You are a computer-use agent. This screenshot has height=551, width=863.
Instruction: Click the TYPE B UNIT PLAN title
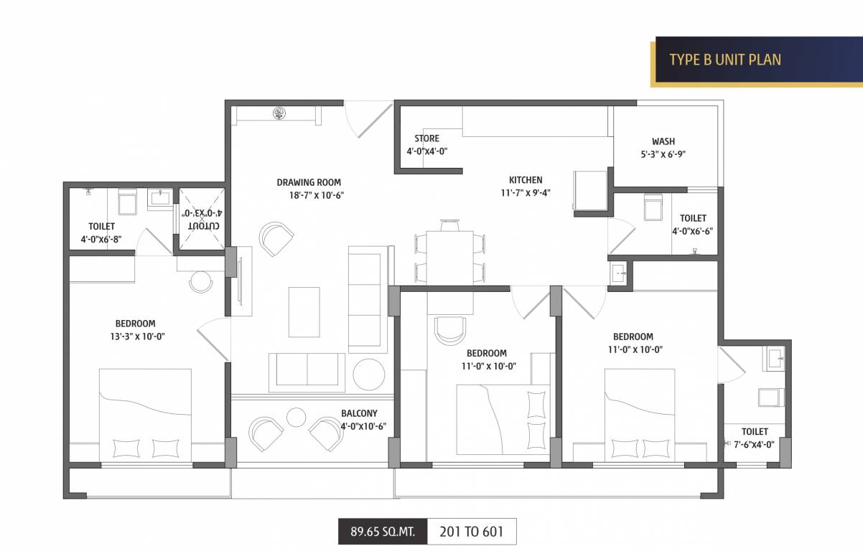(724, 59)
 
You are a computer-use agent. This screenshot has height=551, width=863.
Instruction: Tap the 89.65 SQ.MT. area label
(382, 532)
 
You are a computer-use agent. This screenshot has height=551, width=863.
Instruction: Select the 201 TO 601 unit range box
(471, 532)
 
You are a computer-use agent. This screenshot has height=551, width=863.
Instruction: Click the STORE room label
(426, 138)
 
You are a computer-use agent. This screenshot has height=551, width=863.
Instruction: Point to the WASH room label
(663, 141)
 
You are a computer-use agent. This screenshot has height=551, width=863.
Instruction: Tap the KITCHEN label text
(526, 180)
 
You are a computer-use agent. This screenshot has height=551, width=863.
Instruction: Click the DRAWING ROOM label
(309, 182)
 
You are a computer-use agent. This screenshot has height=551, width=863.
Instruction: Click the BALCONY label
(359, 413)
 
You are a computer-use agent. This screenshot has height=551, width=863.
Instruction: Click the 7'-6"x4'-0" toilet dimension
(754, 444)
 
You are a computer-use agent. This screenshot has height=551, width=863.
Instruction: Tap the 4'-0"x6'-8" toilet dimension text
(102, 238)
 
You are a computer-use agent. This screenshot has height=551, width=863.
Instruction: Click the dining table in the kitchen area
(449, 256)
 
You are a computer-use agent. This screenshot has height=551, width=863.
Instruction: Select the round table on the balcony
(297, 417)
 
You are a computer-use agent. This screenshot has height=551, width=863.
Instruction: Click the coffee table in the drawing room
(304, 311)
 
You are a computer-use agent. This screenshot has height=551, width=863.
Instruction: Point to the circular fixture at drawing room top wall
(279, 113)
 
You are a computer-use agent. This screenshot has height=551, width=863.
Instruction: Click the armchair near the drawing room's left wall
(276, 238)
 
